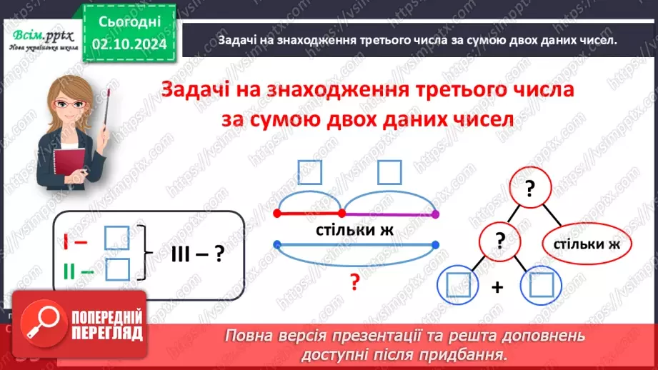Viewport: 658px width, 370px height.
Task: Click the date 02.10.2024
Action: point(129,44)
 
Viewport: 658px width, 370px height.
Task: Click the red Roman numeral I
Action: point(65,240)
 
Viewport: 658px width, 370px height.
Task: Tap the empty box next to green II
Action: point(116,269)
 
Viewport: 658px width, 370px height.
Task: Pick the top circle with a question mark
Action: point(529,189)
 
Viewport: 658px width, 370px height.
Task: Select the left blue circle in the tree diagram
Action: point(456,287)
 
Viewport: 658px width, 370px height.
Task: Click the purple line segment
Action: point(390,213)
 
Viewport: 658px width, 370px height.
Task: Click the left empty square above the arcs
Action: point(309,171)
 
